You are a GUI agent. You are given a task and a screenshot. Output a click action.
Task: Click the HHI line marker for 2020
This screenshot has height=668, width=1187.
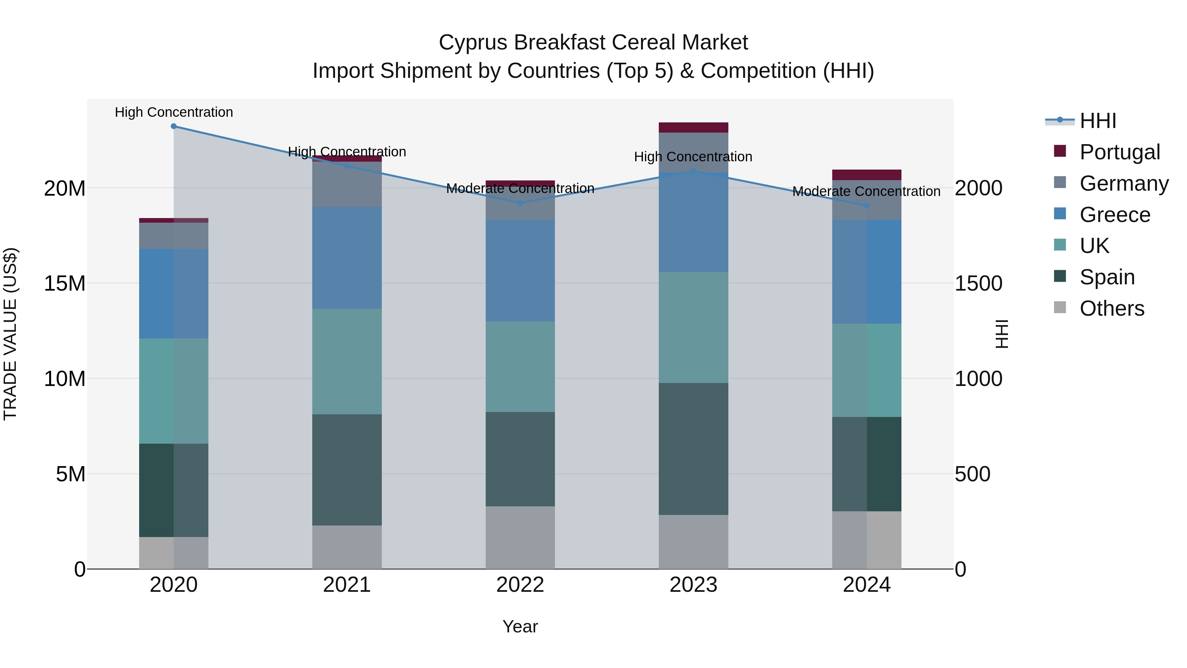coord(174,126)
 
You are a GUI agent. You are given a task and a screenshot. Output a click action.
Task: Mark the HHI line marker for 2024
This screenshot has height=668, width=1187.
coord(867,206)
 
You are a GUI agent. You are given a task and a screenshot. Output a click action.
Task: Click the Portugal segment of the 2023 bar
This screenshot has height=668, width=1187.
coord(693,127)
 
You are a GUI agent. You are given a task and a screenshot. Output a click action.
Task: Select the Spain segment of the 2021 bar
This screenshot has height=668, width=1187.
coord(347,469)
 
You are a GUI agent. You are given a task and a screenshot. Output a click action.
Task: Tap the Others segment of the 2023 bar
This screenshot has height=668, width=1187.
coord(693,542)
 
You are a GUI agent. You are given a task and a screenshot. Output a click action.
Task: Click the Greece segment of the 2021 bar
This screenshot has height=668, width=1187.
coord(347,257)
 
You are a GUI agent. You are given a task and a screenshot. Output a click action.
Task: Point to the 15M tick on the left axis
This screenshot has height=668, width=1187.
coord(65,283)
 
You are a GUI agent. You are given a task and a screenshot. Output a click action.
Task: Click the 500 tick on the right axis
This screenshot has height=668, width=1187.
coord(972,474)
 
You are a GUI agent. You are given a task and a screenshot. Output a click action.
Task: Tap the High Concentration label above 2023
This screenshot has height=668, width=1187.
coord(693,157)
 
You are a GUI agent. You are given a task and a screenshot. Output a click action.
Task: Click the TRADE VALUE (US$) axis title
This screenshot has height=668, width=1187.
coord(10,334)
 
